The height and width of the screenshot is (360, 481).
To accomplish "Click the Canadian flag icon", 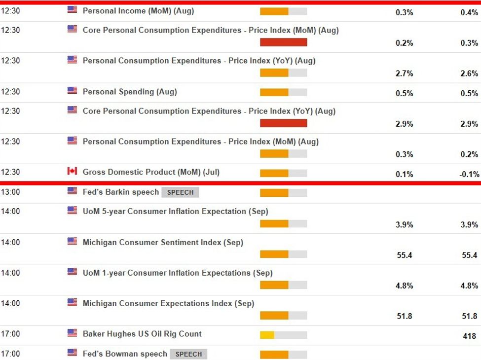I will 72,171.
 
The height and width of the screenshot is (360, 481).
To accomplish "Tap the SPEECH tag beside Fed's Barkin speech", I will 180,192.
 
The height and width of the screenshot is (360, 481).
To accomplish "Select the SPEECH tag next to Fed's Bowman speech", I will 188,354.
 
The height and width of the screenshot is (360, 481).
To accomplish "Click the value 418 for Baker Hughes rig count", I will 470,336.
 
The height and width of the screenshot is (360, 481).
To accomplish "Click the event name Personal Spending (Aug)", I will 130,92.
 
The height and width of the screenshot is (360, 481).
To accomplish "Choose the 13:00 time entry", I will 10,192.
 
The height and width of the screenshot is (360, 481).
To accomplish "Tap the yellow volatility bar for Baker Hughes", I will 267,335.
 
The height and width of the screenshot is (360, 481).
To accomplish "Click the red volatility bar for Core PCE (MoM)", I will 284,42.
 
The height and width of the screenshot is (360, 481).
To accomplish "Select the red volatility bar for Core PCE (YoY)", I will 284,123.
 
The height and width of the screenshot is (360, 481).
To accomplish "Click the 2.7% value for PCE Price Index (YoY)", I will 404,73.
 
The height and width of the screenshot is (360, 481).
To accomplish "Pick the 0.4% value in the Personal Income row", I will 469,12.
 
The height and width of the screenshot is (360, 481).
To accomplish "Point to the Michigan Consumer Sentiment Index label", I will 163,243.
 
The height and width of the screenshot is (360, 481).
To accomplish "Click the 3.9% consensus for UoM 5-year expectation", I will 404,224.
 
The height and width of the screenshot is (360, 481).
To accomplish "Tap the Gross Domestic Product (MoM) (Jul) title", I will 151,172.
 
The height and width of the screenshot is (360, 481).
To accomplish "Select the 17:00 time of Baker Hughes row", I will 10,334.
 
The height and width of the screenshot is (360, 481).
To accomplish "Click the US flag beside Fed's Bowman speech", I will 72,353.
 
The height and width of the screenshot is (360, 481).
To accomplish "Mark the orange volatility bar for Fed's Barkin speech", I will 274,193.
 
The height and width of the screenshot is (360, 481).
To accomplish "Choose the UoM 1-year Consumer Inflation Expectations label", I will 178,273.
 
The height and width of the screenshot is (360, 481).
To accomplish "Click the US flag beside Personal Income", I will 72,9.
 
